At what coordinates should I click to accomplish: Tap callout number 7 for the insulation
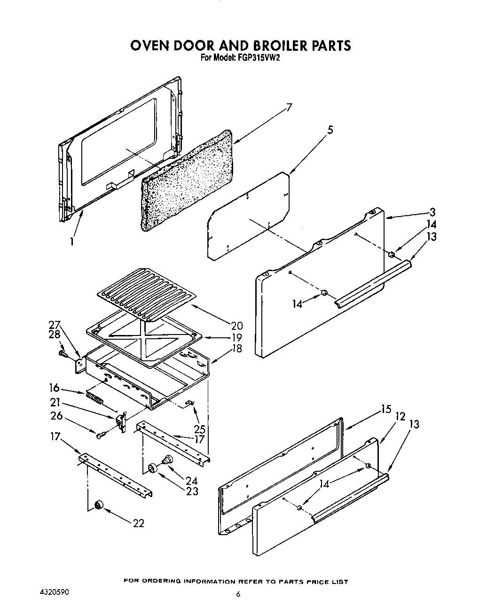coord(289,107)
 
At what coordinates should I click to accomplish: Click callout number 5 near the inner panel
coord(330,130)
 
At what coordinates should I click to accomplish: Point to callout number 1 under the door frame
coord(72,241)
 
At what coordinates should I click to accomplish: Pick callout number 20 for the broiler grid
coord(236,325)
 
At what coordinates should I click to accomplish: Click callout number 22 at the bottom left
coord(138,523)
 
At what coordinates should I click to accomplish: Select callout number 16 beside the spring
coord(55,388)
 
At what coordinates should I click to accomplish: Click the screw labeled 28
coord(62,353)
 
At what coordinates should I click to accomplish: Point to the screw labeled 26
coord(100,436)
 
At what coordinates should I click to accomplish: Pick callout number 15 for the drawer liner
coord(385,409)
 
